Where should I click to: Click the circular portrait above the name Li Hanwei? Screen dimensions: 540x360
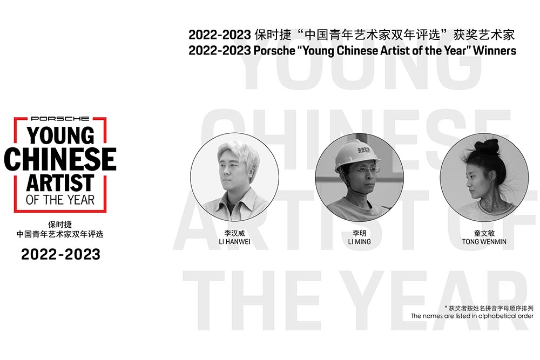point(234,177)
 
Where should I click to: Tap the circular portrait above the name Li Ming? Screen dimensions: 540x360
point(360,177)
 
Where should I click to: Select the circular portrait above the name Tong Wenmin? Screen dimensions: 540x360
point(484,177)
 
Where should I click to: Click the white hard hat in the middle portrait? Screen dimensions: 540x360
point(358,155)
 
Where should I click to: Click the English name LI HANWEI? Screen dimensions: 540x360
point(234,242)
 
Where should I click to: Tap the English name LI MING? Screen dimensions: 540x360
point(360,242)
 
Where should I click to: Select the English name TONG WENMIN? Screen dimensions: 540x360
point(484,242)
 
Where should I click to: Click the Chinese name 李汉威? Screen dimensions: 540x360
point(234,233)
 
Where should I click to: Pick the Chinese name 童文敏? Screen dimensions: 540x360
point(484,233)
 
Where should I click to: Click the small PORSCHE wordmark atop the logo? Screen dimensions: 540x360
point(60,118)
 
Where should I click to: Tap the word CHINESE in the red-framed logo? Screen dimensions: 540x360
point(60,159)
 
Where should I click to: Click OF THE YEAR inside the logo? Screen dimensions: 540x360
point(60,200)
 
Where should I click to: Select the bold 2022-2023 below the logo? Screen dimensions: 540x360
point(60,254)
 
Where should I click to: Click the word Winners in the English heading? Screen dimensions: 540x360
point(495,51)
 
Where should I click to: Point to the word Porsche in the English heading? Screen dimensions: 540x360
point(274,51)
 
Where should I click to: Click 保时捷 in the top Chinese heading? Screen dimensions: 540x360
point(273,35)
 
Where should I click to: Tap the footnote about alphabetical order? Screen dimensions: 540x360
point(472,316)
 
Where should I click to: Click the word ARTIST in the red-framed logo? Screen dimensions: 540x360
point(60,182)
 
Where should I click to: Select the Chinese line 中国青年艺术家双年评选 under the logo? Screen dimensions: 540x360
point(60,234)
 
